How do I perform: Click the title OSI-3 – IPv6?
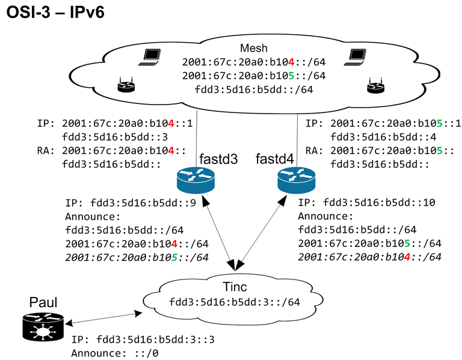(x=55, y=13)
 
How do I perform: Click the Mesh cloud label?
(x=254, y=48)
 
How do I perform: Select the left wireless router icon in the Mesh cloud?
(x=126, y=85)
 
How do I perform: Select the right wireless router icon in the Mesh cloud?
(x=375, y=86)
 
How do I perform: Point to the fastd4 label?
(x=276, y=160)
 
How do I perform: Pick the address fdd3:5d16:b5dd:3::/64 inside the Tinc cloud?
(x=235, y=302)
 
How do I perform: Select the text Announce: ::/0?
(x=115, y=353)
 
